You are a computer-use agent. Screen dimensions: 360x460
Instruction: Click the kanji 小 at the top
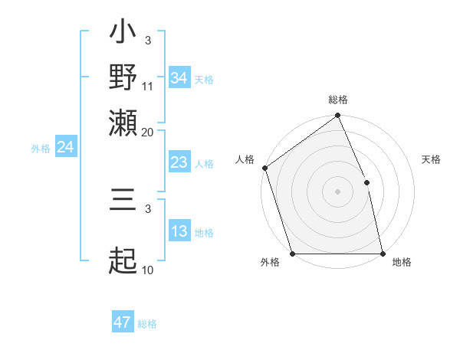(123, 35)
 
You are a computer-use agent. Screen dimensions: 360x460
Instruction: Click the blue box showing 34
(179, 78)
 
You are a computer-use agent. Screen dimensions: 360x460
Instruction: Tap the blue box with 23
(179, 162)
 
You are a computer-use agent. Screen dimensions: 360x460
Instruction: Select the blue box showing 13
(179, 231)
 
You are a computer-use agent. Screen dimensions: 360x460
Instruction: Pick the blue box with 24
(65, 147)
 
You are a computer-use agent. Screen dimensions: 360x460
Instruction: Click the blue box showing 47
(123, 322)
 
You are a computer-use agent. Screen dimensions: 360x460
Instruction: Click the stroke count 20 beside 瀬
(147, 131)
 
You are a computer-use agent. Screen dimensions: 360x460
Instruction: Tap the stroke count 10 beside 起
(148, 270)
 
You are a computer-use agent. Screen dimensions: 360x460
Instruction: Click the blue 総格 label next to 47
(147, 324)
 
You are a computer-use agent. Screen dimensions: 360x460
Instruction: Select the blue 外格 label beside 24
(41, 149)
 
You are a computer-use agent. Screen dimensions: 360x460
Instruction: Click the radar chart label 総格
(338, 100)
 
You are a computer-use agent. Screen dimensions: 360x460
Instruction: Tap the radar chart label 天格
(431, 159)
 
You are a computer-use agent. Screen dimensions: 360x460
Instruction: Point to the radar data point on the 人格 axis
(264, 168)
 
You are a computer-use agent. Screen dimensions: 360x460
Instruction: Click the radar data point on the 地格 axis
(383, 253)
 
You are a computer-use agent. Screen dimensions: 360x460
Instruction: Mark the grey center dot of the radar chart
(337, 191)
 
